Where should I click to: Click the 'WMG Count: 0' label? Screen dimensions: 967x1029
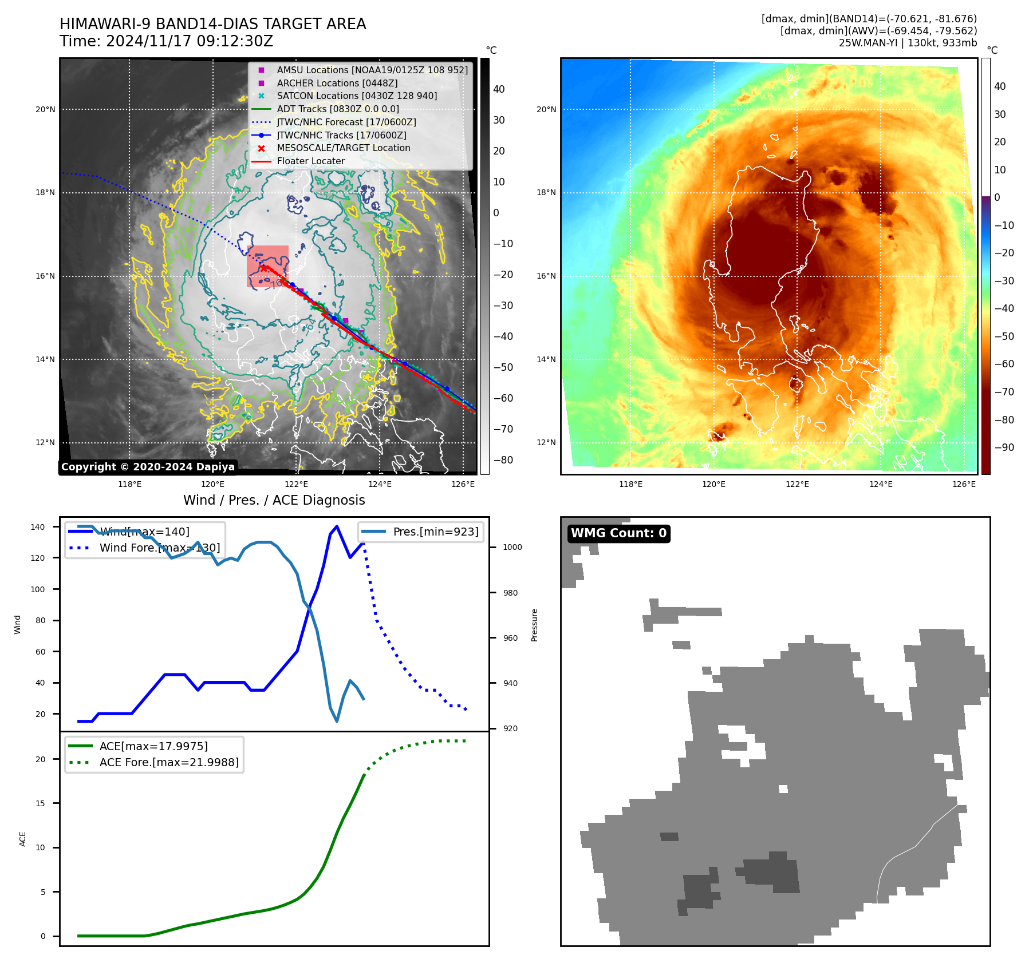(618, 533)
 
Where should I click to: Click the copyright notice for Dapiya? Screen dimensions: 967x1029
(148, 467)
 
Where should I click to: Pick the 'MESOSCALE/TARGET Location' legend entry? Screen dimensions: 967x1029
(344, 148)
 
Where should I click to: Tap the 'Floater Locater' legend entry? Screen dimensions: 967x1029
(310, 161)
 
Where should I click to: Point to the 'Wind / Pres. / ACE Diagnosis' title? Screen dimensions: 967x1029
(274, 500)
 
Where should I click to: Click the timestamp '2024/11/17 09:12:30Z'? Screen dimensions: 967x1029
(190, 41)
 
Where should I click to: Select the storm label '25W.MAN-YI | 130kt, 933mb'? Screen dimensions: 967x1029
(908, 43)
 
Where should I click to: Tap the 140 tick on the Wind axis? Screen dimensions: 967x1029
(38, 527)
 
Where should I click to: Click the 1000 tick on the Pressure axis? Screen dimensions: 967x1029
(512, 547)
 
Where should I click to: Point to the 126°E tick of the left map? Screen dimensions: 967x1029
(463, 484)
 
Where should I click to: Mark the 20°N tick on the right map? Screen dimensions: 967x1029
(546, 109)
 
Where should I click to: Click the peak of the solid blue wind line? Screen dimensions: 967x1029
(337, 526)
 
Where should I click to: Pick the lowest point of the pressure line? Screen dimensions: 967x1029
(337, 721)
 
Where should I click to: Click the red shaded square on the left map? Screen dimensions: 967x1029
(267, 266)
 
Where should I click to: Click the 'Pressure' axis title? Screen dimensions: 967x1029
(535, 625)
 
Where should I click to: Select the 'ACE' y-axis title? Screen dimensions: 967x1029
(23, 839)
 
